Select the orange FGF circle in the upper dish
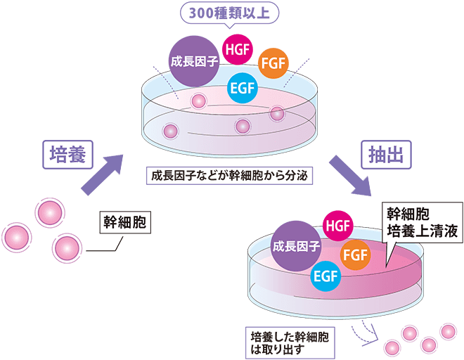tap(273, 64)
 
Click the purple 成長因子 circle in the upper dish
tap(191, 61)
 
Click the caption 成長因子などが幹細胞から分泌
tap(229, 174)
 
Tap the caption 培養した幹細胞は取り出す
tap(288, 340)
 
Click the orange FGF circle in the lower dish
tap(355, 254)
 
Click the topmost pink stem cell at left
tap(50, 210)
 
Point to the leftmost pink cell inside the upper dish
tap(169, 130)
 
